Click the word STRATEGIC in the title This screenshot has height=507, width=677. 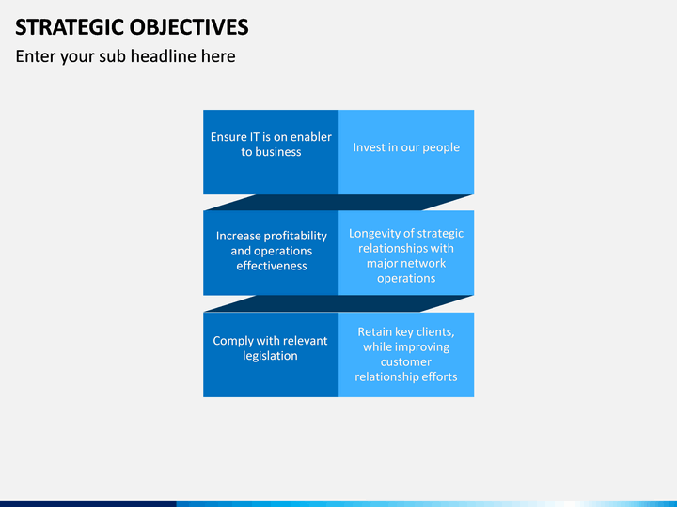pos(70,26)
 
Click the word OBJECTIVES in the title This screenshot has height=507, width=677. pos(189,26)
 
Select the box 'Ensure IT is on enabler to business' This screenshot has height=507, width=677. pos(271,152)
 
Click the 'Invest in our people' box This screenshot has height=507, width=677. pos(406,152)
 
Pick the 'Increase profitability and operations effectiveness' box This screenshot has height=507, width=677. pos(271,253)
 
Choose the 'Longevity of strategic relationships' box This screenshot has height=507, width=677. pos(406,253)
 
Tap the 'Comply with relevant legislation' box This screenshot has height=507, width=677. pos(271,354)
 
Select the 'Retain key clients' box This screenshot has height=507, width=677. pos(406,354)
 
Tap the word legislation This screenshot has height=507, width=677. pos(270,356)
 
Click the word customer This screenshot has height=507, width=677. pos(406,361)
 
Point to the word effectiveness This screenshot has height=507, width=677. pos(272,266)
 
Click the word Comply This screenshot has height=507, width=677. pos(233,341)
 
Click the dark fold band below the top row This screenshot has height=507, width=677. pos(338,202)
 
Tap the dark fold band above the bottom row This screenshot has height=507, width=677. pos(338,303)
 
